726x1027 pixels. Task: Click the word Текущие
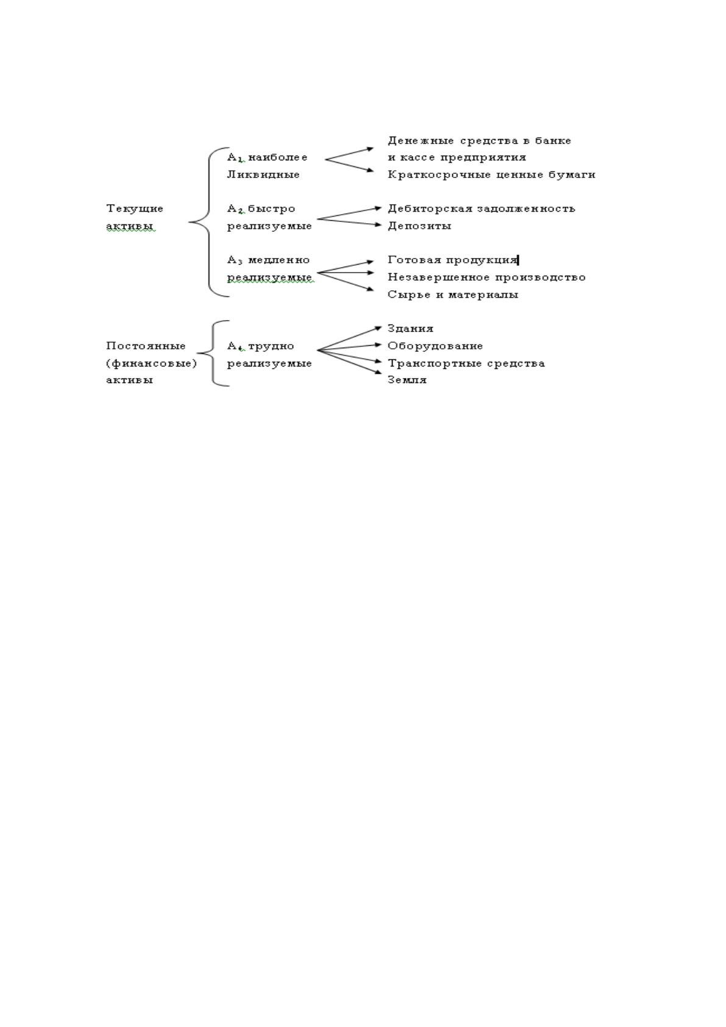point(135,209)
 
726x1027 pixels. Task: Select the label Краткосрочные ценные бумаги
point(491,174)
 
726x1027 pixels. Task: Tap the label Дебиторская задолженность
point(481,209)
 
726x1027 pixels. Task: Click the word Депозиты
point(419,226)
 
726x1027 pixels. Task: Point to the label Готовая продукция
point(452,260)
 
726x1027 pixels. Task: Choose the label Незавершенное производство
point(487,277)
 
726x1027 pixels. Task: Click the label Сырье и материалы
point(453,295)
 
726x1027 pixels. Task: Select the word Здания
point(410,329)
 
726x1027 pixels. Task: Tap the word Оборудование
point(435,346)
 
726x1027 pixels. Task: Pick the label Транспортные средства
point(466,363)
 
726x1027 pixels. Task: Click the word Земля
point(407,380)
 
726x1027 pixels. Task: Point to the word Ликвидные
point(263,174)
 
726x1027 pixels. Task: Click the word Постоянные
point(146,346)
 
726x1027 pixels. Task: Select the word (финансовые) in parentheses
point(151,363)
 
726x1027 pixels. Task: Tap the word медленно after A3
point(279,260)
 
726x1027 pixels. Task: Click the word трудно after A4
point(271,346)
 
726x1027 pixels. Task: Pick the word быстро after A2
point(271,209)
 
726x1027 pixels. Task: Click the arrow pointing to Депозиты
point(349,222)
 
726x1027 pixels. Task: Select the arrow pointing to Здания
point(349,338)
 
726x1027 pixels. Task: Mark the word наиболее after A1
point(278,158)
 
